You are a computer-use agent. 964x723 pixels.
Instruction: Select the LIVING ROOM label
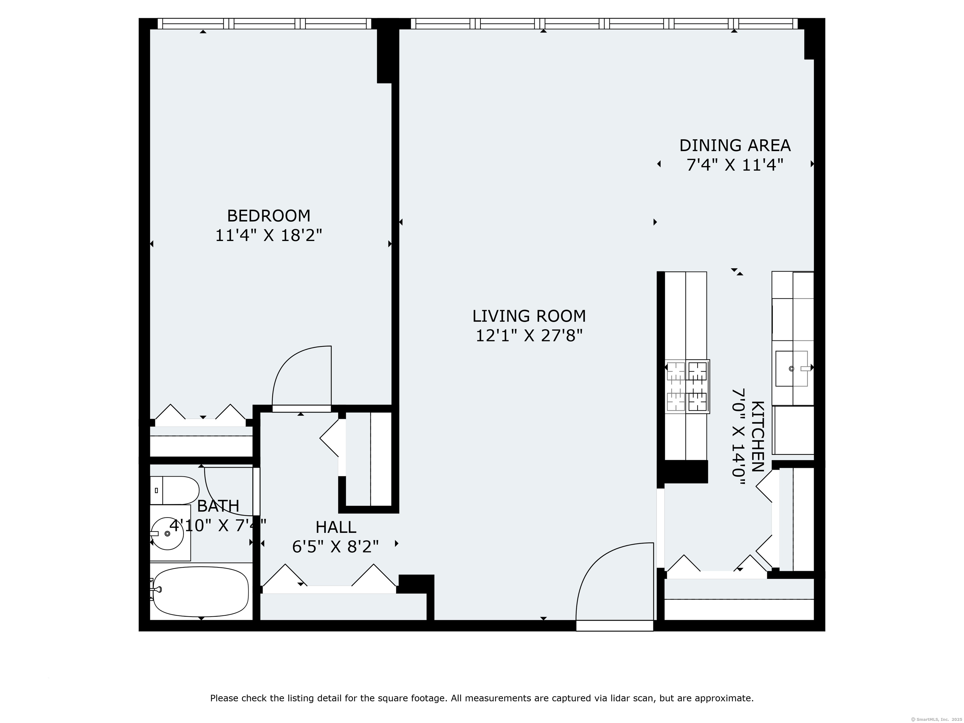pos(529,316)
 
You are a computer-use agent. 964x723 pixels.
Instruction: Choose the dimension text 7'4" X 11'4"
pos(735,165)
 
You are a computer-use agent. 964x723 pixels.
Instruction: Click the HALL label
pos(335,527)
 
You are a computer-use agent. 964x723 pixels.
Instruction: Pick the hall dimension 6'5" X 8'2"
pos(335,547)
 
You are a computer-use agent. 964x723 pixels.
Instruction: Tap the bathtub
pos(201,590)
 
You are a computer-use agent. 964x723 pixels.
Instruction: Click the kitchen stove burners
pos(687,386)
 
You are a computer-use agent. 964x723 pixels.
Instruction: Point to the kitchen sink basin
pos(791,369)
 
